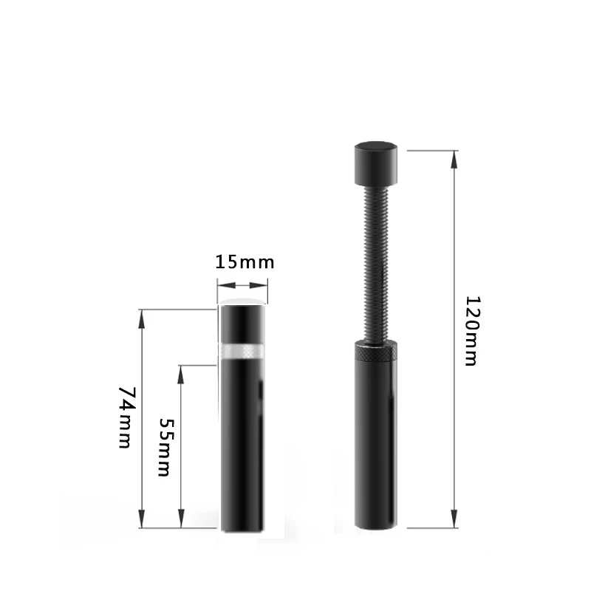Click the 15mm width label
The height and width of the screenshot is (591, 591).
click(245, 262)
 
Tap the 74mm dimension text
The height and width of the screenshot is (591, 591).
click(125, 417)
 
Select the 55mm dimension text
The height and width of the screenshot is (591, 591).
click(165, 448)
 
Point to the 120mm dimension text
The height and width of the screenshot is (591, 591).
click(471, 331)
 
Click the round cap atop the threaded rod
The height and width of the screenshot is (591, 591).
click(376, 163)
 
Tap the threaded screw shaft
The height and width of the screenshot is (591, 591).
click(376, 263)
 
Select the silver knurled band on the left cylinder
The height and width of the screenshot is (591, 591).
click(242, 352)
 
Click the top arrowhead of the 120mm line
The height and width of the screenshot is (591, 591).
click(454, 159)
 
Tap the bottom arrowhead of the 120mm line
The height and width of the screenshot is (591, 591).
click(454, 519)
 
